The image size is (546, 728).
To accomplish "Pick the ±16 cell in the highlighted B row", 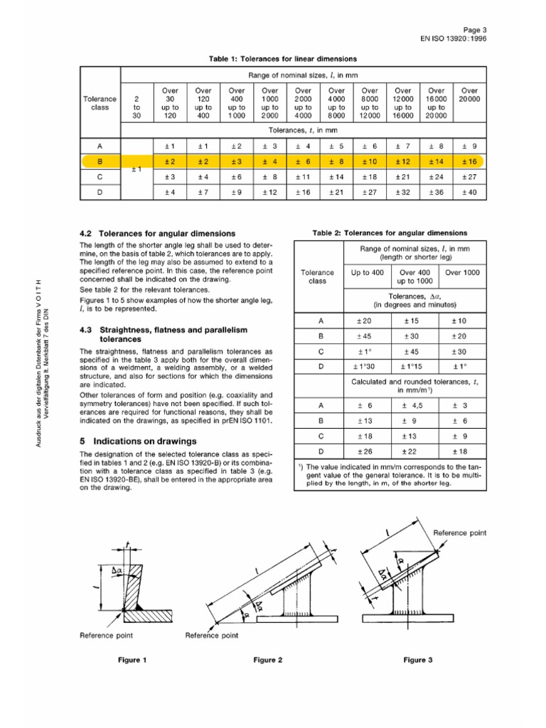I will click(x=469, y=161).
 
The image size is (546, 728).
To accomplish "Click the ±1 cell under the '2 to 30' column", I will click(x=137, y=170).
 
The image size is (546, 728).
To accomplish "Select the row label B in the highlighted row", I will click(x=100, y=161).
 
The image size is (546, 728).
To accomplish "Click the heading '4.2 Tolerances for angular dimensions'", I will click(x=157, y=232).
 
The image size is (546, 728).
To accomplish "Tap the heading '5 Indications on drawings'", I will click(x=138, y=441).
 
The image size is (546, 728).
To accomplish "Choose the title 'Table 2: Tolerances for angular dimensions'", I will click(x=390, y=232).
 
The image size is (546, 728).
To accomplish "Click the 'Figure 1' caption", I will click(x=132, y=660).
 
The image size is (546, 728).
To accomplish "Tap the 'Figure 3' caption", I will click(x=418, y=660).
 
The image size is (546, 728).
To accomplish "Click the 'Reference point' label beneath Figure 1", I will click(x=107, y=634).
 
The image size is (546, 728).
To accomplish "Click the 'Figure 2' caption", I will click(x=269, y=660).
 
